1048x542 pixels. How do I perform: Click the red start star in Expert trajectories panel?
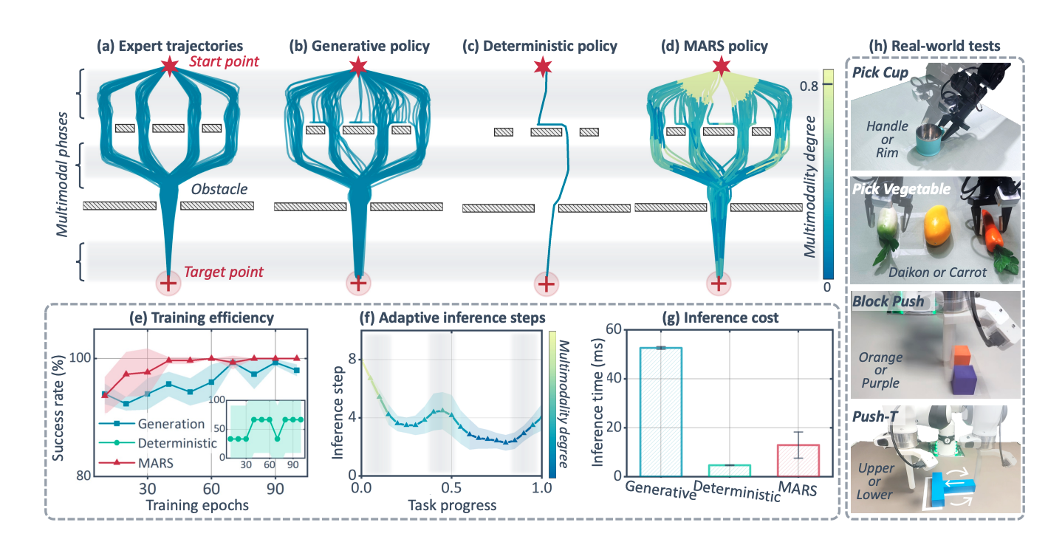169,67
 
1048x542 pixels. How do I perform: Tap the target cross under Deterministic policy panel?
546,284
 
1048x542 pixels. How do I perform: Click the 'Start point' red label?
224,62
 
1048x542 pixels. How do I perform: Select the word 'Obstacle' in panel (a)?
219,189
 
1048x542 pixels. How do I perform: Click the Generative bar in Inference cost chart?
660,412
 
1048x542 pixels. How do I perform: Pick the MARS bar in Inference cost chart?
798,461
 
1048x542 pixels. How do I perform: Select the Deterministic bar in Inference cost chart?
730,470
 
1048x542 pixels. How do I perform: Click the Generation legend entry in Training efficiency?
152,424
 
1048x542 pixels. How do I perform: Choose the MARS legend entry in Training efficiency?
136,463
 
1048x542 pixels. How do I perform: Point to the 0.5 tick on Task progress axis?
451,488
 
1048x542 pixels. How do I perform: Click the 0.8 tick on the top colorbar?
809,86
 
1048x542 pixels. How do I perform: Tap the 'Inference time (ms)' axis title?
597,402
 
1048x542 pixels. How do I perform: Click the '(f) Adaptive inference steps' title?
452,318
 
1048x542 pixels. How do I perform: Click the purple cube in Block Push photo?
963,380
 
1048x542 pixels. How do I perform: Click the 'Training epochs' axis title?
197,506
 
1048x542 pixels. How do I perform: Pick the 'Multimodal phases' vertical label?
62,174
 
